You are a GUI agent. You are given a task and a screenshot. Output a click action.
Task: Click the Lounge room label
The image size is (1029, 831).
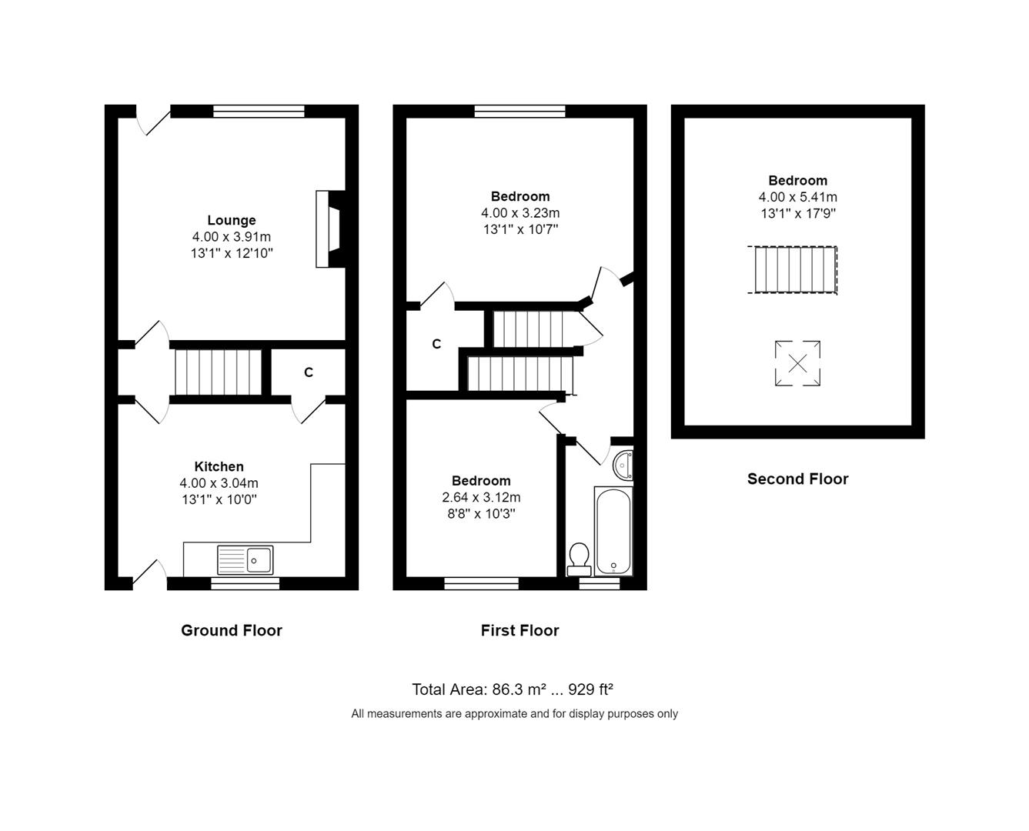231,221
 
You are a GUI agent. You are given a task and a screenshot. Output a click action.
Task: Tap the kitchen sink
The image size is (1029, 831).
246,559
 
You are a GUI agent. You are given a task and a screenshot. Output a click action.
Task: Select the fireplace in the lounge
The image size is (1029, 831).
329,229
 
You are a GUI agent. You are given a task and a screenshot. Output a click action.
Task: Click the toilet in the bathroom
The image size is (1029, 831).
579,559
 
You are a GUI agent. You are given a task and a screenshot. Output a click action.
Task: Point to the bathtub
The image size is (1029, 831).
613,531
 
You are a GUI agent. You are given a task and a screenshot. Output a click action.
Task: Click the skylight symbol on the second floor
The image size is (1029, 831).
797,363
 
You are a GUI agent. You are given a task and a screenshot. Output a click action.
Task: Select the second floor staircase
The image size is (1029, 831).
793,269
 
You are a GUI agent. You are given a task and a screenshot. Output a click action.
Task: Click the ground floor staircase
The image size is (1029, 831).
219,372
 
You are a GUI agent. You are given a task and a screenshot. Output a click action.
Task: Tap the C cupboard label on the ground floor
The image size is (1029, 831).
309,372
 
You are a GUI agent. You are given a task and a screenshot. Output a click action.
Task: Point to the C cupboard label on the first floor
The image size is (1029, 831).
436,344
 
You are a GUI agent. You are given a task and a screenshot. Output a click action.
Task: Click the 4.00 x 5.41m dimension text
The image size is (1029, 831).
797,197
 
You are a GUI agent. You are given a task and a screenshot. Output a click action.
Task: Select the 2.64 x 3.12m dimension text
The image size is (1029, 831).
481,497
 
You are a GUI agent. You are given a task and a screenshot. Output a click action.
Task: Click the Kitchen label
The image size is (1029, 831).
219,466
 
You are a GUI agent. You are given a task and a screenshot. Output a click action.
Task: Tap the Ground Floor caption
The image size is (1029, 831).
232,630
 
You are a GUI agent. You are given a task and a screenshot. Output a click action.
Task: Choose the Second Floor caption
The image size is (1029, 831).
797,479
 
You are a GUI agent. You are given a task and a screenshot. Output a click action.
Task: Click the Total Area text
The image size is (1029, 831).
513,689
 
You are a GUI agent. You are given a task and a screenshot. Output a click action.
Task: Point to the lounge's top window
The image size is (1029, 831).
259,112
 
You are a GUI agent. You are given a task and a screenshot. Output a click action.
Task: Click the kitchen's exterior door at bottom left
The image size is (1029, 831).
150,575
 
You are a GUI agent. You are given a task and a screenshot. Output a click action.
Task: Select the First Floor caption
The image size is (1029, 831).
520,630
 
